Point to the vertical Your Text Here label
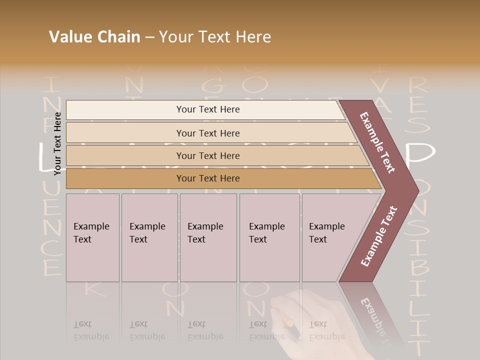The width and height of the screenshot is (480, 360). click(57, 143)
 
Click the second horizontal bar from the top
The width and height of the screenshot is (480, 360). click(207, 133)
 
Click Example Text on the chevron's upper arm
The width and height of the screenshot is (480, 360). click(378, 142)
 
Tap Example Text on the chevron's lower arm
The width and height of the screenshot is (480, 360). click(378, 236)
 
